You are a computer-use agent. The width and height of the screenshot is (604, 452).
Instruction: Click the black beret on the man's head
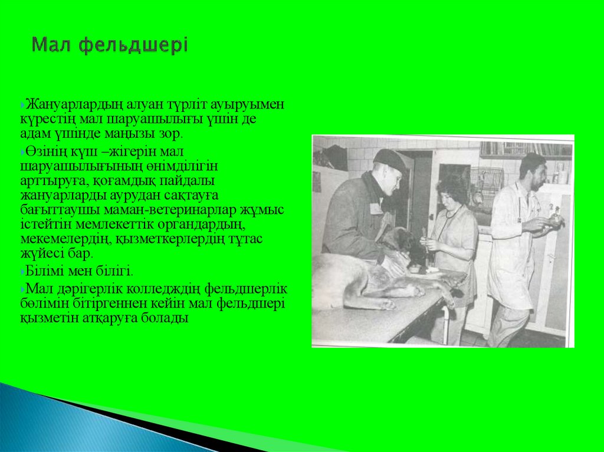point(390,159)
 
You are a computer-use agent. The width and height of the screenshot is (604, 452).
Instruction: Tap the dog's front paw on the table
point(387,303)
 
